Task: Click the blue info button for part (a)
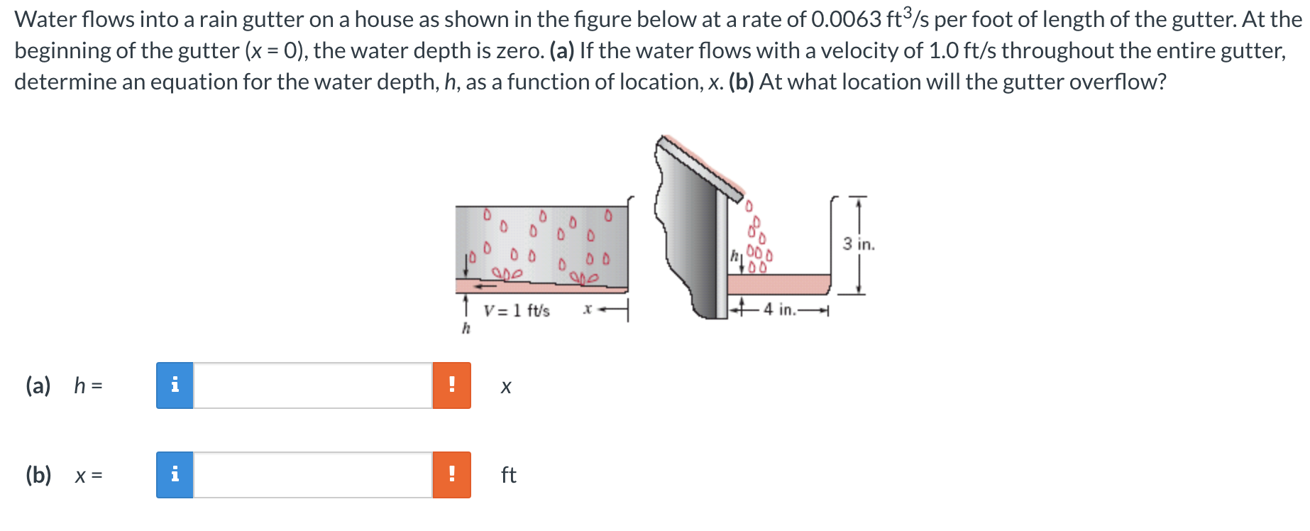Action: (x=175, y=385)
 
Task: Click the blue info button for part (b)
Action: (x=175, y=474)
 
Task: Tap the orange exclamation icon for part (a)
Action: (x=451, y=385)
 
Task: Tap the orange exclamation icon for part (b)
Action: (x=451, y=474)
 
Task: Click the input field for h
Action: (x=312, y=385)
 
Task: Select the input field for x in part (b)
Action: (x=312, y=474)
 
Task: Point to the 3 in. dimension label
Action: (x=859, y=244)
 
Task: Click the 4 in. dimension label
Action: (x=779, y=310)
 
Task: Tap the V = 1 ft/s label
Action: (x=517, y=311)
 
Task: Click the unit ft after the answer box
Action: (x=508, y=474)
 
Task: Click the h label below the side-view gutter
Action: (x=466, y=328)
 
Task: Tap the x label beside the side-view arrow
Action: (x=587, y=310)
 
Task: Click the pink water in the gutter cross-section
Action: (x=777, y=284)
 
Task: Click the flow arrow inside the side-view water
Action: (x=487, y=285)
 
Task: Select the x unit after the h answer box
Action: (x=505, y=387)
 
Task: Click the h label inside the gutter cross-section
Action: (x=736, y=254)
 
